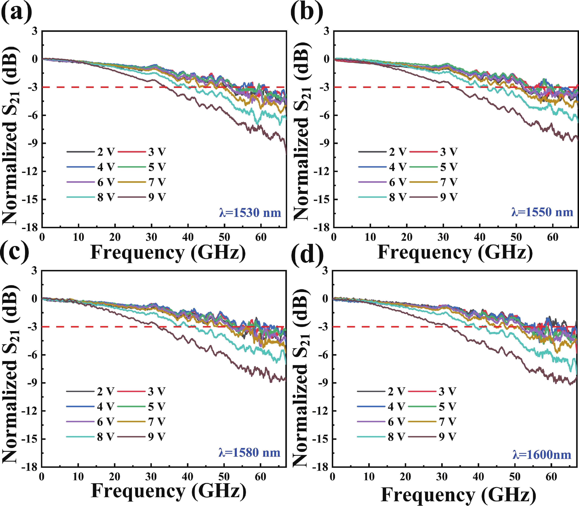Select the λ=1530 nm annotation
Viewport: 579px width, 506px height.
click(250, 213)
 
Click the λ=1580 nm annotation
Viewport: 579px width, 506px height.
click(249, 452)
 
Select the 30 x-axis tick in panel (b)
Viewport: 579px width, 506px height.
click(443, 237)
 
